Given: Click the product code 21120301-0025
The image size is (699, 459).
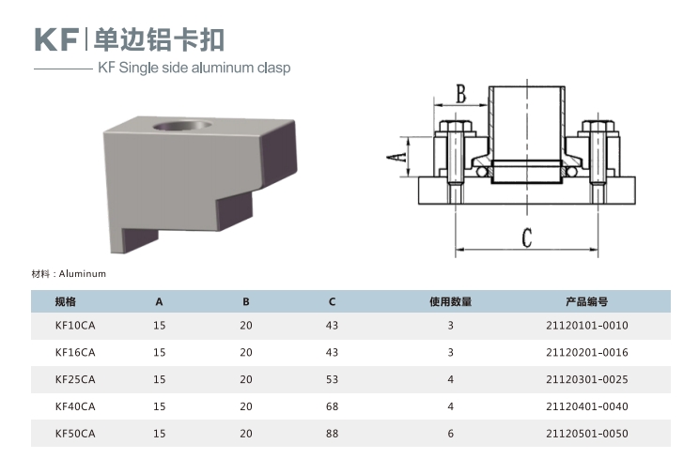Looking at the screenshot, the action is pos(586,379).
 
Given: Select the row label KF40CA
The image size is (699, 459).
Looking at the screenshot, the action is pos(75,406).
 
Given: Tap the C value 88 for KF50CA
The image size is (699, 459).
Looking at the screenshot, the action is pos(332,434).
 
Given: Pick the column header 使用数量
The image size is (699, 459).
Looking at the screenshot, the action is pos(450,301).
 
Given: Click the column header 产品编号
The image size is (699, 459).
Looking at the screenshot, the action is pos(586,301).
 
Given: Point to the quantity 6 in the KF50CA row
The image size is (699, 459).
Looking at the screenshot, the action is pos(451,434).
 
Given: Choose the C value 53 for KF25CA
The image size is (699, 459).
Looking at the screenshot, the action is pos(332,379).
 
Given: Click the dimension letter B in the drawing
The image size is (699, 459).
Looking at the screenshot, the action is pos(461,94).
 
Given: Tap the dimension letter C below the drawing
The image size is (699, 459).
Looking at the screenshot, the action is pos(527,237).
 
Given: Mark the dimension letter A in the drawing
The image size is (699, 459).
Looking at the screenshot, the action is pos(396,157).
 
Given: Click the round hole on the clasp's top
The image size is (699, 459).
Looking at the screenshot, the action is pos(182,126).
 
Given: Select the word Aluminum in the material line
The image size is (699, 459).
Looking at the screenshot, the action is pos(83,274).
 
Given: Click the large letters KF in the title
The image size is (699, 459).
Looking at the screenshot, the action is pos(56,39).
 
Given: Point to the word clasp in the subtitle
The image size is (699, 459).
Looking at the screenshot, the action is pos(273,68).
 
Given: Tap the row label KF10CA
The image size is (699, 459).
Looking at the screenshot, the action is pos(75,326).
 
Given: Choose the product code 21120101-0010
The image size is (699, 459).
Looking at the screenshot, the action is pos(586,326).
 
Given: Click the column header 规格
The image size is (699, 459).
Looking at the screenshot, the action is pos(66,301).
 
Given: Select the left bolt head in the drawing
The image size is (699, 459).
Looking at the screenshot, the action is pos(455,127).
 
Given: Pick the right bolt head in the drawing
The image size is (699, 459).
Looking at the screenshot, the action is pos(598,127).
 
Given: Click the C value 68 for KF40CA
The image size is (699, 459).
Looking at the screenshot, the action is pos(332,406).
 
